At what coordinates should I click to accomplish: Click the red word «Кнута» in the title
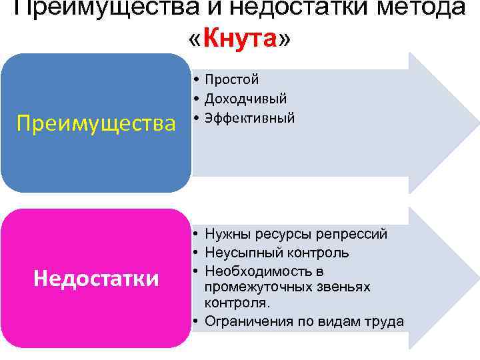tap(240, 39)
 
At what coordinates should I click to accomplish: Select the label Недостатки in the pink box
tap(96, 279)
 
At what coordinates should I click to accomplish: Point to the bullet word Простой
tap(232, 80)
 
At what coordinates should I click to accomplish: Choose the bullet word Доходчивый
tap(246, 99)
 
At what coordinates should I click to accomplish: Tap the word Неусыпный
tap(239, 253)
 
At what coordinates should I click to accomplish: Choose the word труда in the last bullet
tap(385, 321)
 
